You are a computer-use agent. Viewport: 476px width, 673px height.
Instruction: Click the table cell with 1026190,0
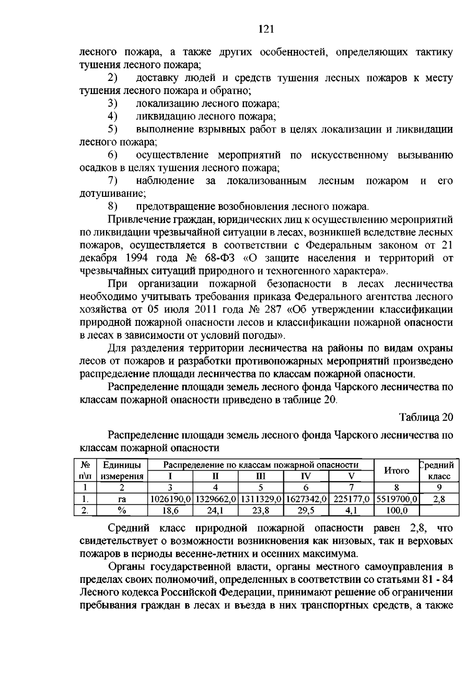point(170,499)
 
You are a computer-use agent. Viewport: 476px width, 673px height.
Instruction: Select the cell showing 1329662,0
point(215,499)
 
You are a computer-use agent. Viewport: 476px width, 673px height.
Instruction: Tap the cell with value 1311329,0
point(261,499)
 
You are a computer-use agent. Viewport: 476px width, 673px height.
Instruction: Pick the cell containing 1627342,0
point(306,499)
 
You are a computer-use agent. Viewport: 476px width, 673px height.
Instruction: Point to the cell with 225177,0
point(351,499)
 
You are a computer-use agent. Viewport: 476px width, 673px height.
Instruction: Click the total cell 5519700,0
point(397,499)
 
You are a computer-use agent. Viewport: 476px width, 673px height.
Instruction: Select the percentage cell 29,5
point(306,511)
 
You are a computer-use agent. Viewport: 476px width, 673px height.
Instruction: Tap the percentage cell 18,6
point(170,511)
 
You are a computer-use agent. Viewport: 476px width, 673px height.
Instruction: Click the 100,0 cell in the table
point(397,511)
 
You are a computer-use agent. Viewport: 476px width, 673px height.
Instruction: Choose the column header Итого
point(397,471)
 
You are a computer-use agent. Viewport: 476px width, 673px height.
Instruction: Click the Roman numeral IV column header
point(306,477)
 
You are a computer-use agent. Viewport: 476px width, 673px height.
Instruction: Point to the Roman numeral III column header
point(261,477)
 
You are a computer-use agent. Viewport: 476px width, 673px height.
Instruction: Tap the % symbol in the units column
point(122,511)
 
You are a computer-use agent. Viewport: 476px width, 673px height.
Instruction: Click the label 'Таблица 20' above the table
point(426,417)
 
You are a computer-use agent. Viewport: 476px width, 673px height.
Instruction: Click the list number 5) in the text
point(113,129)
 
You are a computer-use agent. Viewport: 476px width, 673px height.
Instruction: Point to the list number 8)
point(113,206)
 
